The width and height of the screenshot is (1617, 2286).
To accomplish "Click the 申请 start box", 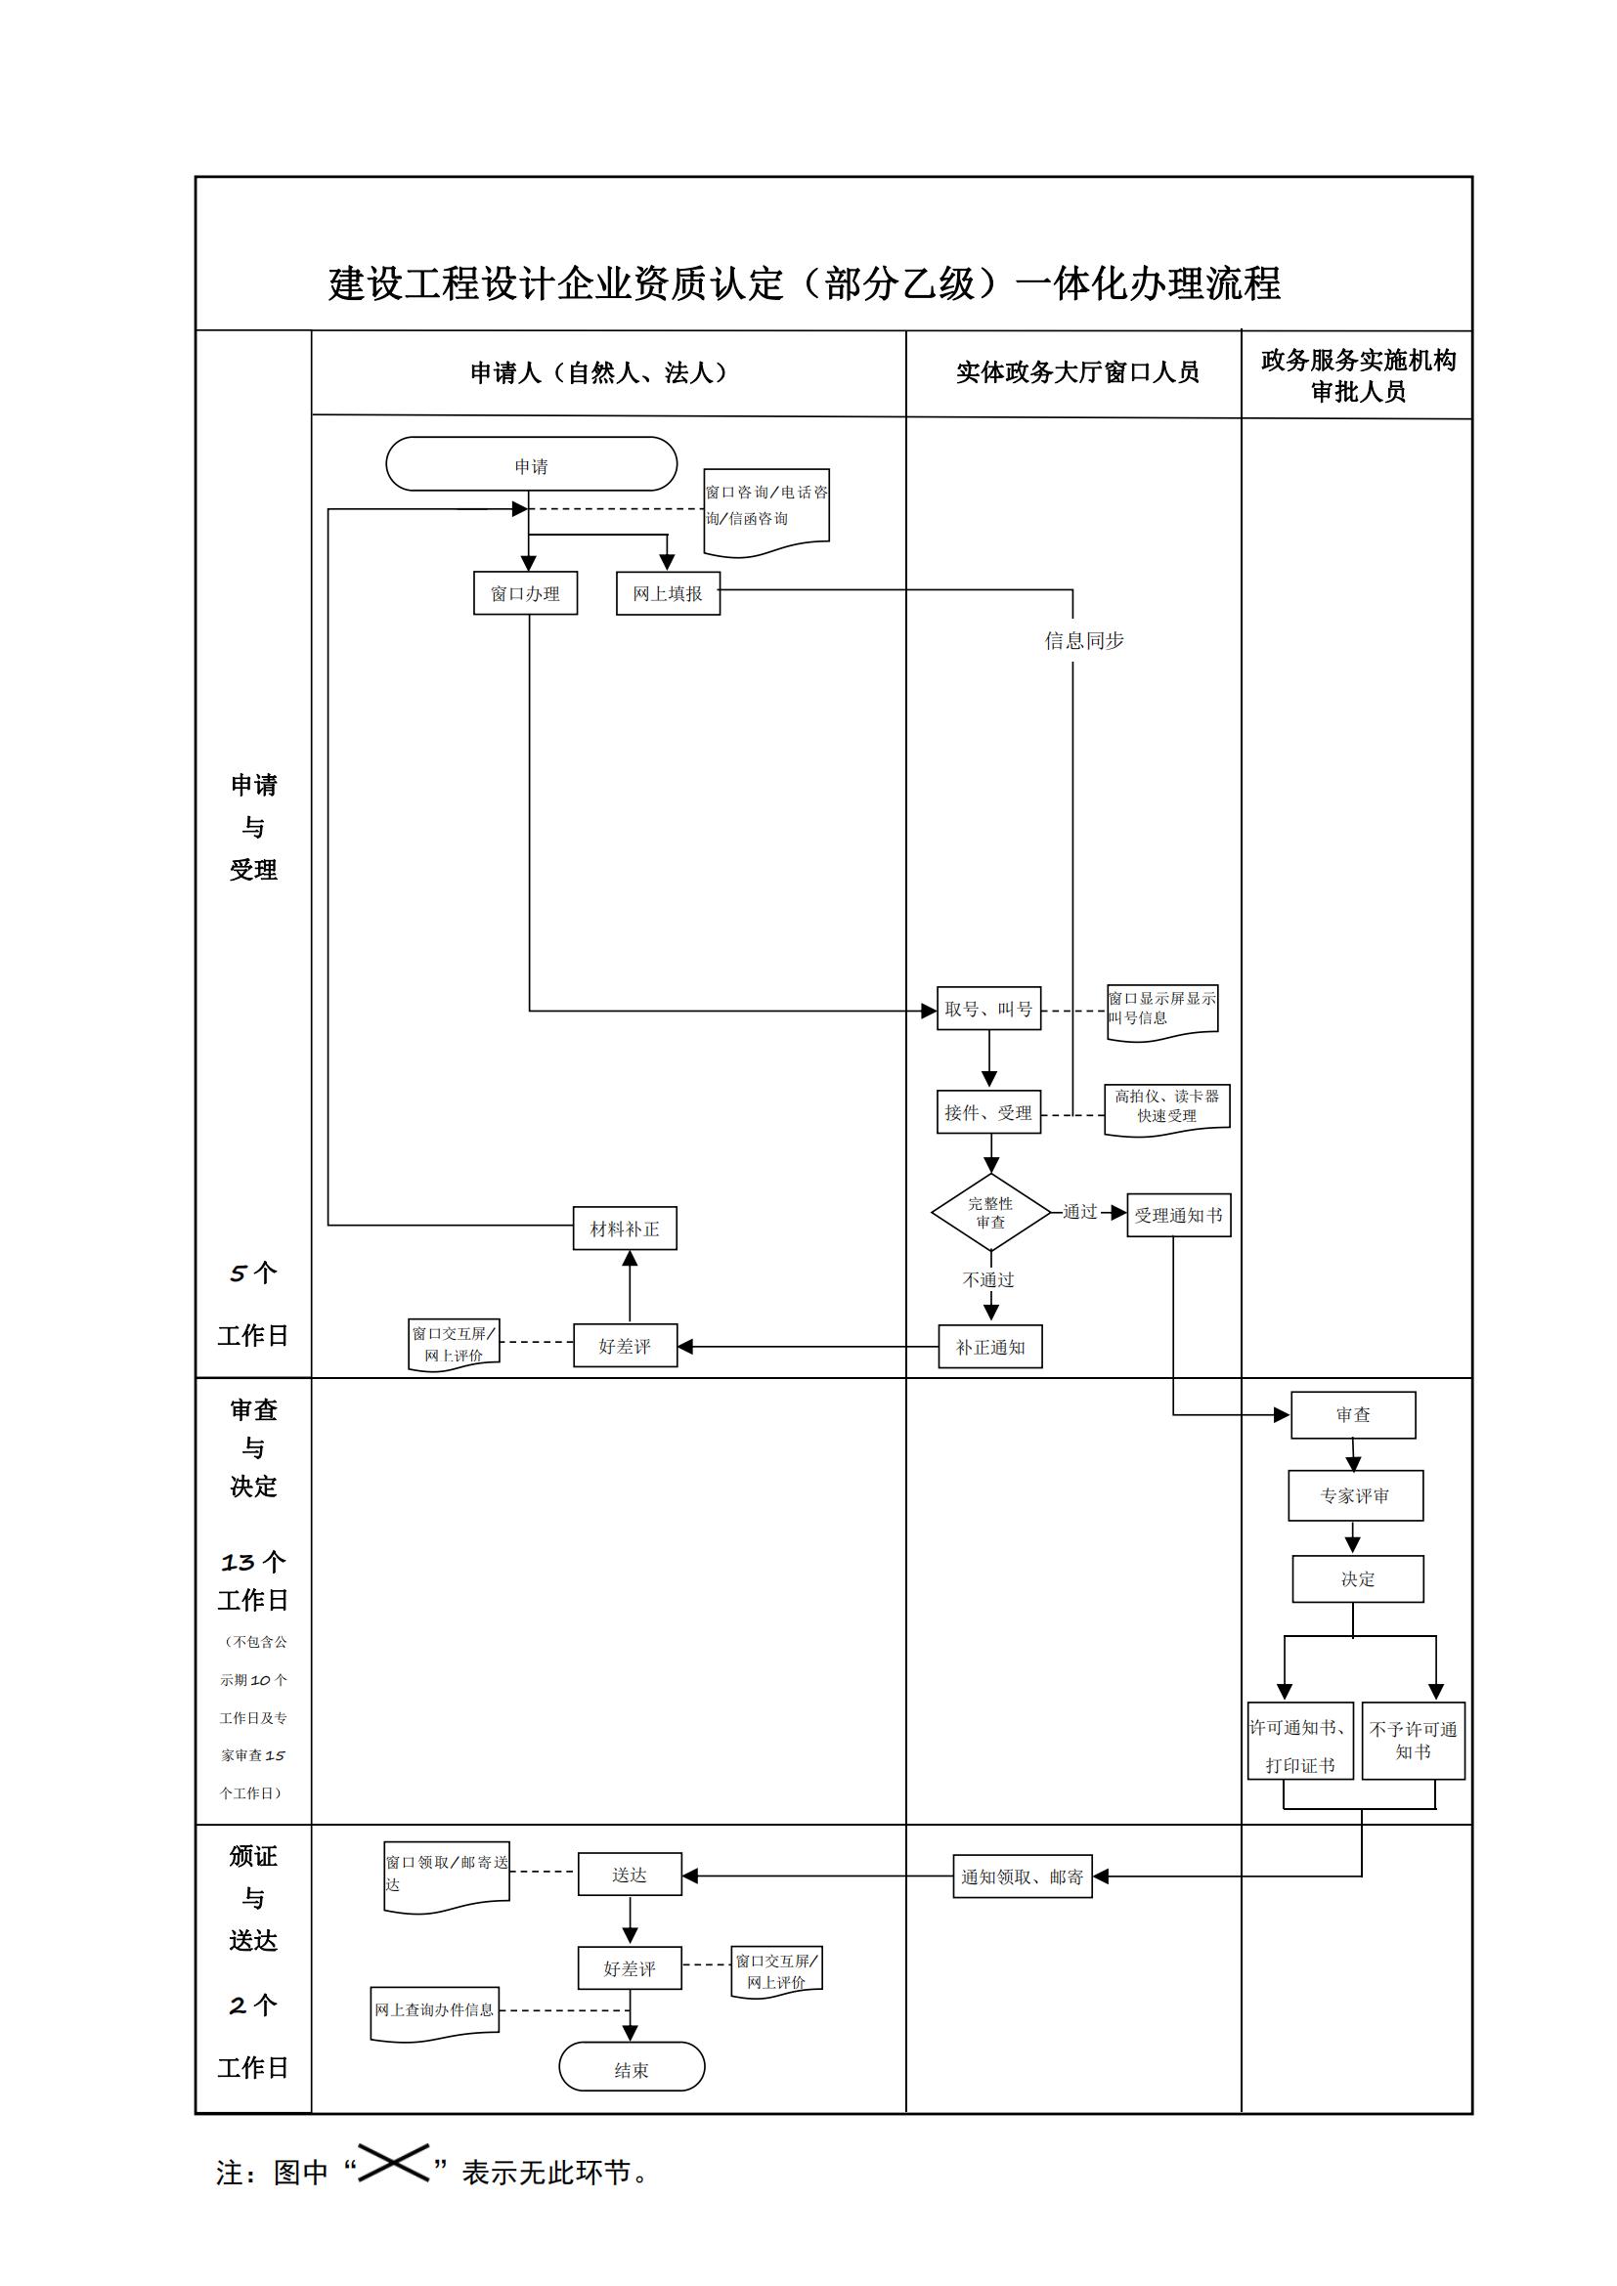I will click(531, 464).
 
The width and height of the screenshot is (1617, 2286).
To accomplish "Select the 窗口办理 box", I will click(526, 593).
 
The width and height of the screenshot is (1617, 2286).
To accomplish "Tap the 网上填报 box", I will click(667, 593).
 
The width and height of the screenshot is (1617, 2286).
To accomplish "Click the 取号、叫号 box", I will click(987, 1009).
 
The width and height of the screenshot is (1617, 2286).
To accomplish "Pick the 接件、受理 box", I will click(987, 1112).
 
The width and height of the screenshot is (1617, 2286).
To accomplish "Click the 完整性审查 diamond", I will click(989, 1213).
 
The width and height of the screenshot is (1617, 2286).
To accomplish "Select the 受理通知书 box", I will click(1178, 1215).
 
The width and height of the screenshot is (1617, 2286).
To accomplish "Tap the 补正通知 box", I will click(989, 1347).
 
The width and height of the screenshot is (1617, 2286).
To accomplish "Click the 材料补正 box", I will click(625, 1229).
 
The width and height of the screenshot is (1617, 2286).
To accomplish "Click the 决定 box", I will click(1357, 1579).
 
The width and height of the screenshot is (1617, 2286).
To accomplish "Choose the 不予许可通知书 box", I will click(1413, 1741).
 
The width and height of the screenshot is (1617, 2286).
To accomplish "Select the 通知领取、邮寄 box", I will click(1022, 1876).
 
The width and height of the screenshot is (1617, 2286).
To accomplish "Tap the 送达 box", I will click(630, 1875).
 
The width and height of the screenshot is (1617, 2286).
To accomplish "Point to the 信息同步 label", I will click(1083, 641).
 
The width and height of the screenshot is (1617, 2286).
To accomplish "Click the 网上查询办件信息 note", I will click(434, 2011).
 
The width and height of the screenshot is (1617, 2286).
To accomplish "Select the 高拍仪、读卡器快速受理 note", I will click(1166, 1107).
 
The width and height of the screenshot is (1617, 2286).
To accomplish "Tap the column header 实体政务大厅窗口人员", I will click(1077, 372).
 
